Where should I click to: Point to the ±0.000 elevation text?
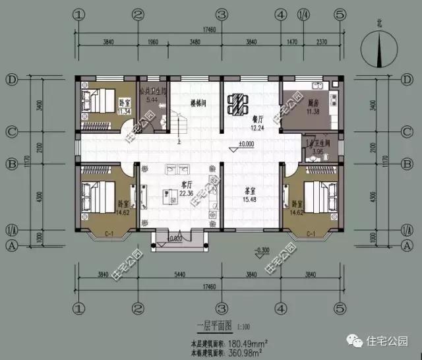click(x=247, y=144)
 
